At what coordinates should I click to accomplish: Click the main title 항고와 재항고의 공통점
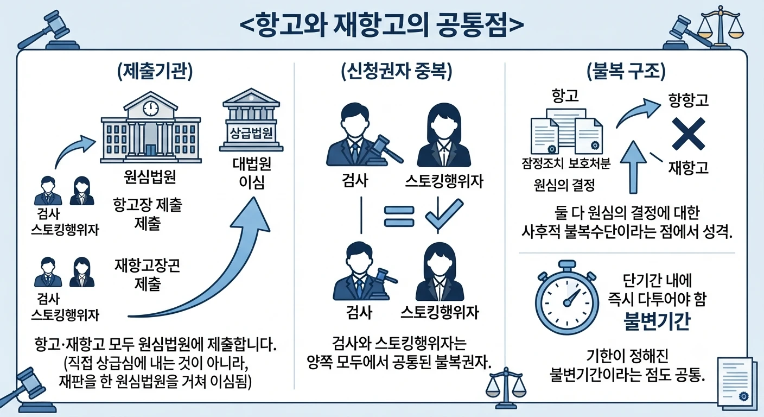tap(382, 25)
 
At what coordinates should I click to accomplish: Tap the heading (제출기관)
tap(155, 72)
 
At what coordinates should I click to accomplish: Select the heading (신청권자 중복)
tap(397, 72)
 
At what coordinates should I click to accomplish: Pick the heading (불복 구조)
tap(626, 72)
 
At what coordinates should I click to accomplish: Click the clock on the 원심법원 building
tap(151, 109)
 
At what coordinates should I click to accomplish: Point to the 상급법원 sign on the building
tap(251, 133)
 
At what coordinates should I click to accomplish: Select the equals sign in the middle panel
tap(399, 216)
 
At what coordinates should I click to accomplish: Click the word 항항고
tap(688, 100)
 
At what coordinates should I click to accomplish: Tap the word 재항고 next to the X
tap(688, 168)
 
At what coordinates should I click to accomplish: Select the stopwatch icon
tap(567, 298)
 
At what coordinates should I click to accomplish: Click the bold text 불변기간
tap(657, 321)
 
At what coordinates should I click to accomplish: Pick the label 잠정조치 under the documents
tap(543, 164)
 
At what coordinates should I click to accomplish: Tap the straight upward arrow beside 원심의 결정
tap(633, 167)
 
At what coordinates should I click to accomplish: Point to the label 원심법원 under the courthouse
tap(150, 177)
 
